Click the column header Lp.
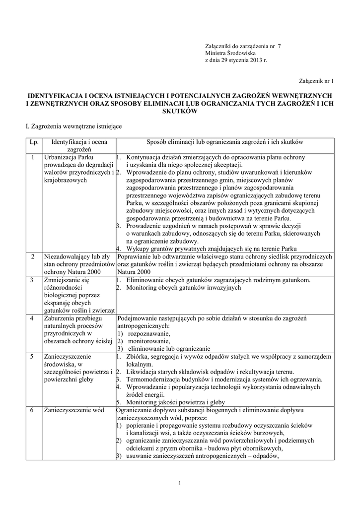click(x=34, y=142)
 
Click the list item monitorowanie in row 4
click(x=148, y=341)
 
